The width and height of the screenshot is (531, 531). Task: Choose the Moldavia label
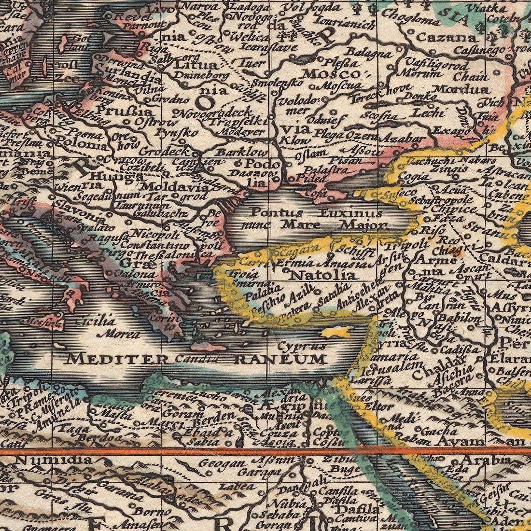click(x=167, y=186)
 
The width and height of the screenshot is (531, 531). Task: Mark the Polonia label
click(x=81, y=144)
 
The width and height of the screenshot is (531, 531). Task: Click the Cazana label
click(x=439, y=37)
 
